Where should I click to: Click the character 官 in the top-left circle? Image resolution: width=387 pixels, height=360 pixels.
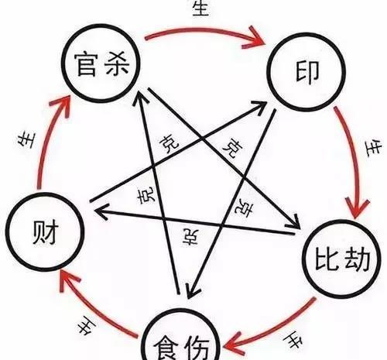(x=87, y=65)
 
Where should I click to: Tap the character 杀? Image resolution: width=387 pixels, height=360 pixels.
(x=118, y=63)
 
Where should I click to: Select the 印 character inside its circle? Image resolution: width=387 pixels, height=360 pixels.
(x=307, y=73)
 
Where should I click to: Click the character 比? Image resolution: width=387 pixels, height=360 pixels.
(x=327, y=259)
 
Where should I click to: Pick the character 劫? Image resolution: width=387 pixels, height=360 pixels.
(x=357, y=259)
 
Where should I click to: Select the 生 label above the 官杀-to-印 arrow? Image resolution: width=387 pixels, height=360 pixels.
(x=200, y=9)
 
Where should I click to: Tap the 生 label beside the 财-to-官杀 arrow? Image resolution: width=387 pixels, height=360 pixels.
(x=26, y=140)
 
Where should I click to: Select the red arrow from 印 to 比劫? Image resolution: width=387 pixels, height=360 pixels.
(x=354, y=160)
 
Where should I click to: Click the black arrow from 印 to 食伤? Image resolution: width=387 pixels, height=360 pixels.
(x=231, y=204)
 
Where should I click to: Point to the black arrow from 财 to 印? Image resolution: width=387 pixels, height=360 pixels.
(x=179, y=152)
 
